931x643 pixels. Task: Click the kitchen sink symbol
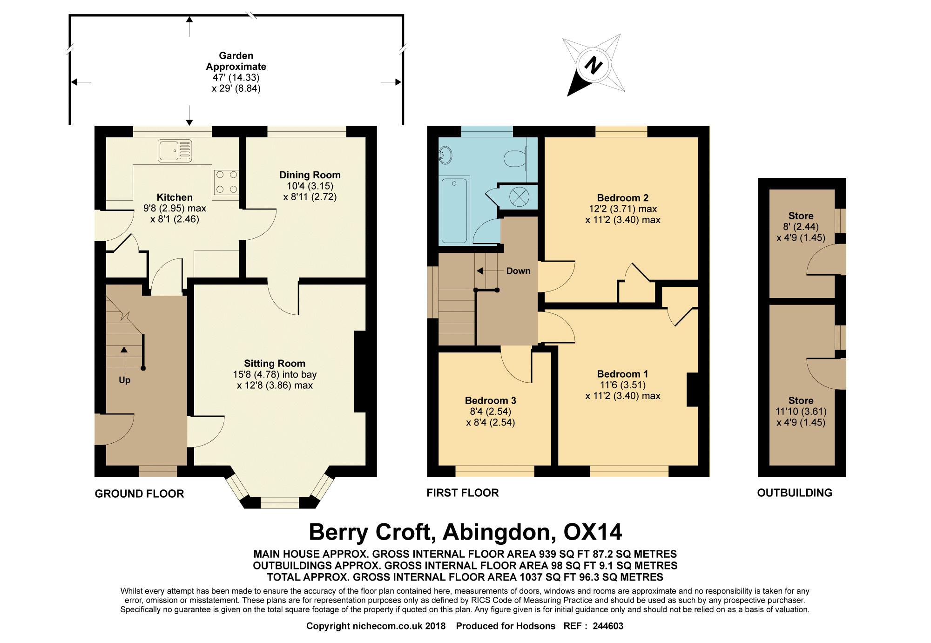[x=175, y=150]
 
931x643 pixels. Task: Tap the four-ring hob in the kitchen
[x=226, y=182]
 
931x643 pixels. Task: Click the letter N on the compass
[x=593, y=65]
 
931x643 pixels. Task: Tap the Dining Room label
[x=310, y=175]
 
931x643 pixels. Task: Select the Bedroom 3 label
[x=491, y=400]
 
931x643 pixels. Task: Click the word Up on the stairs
[x=124, y=380]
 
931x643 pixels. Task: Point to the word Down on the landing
[x=518, y=271]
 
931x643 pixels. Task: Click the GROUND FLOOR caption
[x=140, y=494]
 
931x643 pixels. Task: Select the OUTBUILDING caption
[x=795, y=493]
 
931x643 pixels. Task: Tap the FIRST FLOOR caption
[x=463, y=493]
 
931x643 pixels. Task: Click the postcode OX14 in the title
[x=593, y=532]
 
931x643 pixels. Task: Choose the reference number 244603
[x=608, y=626]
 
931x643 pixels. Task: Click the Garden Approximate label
[x=236, y=61]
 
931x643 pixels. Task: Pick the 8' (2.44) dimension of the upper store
[x=801, y=227]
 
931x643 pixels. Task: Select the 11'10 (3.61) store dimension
[x=801, y=412]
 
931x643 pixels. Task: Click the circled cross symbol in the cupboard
[x=519, y=196]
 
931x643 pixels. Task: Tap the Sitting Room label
[x=275, y=364]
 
